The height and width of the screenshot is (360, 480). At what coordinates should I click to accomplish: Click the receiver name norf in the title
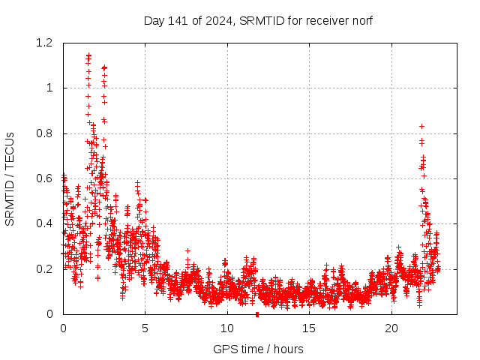362,21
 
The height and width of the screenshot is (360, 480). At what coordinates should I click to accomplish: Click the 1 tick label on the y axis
50,88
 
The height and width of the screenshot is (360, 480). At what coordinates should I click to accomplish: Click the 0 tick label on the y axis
50,314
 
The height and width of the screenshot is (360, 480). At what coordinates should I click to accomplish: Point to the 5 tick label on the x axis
145,328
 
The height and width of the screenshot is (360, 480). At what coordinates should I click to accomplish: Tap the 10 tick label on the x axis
227,328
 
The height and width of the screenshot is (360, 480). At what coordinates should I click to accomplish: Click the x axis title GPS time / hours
258,349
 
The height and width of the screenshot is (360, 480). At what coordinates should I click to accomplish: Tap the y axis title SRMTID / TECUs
10,178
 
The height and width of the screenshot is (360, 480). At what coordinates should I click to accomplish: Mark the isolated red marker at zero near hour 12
257,314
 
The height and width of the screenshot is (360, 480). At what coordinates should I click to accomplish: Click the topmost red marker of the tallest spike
88,55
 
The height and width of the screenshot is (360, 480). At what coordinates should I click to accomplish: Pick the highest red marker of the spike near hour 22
421,126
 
